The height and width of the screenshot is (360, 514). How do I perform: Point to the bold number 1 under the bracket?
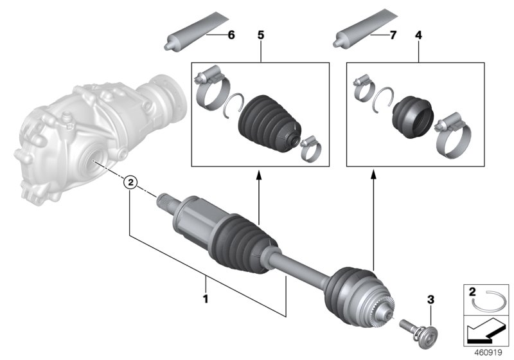[x=206, y=298]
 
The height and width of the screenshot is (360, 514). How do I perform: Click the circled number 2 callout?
[x=130, y=183]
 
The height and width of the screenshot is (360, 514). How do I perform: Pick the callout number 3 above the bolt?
[x=431, y=300]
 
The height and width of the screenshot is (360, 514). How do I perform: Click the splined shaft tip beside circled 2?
[x=167, y=201]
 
